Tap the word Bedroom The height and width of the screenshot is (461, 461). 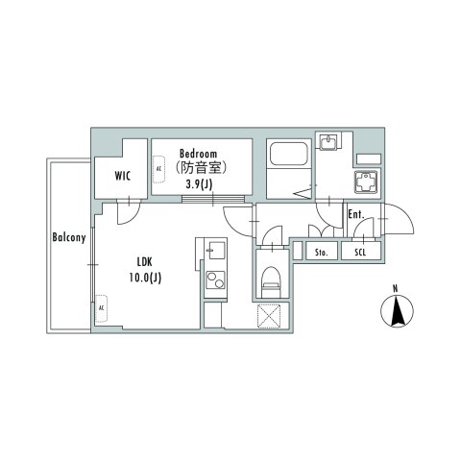(199, 153)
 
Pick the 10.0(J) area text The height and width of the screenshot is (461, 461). (145, 278)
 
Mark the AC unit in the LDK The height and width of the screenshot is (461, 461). (101, 308)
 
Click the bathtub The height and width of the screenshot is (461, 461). (286, 156)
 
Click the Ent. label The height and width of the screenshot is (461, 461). (354, 214)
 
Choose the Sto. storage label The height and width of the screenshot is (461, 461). (321, 253)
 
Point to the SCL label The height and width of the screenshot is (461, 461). (360, 253)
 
